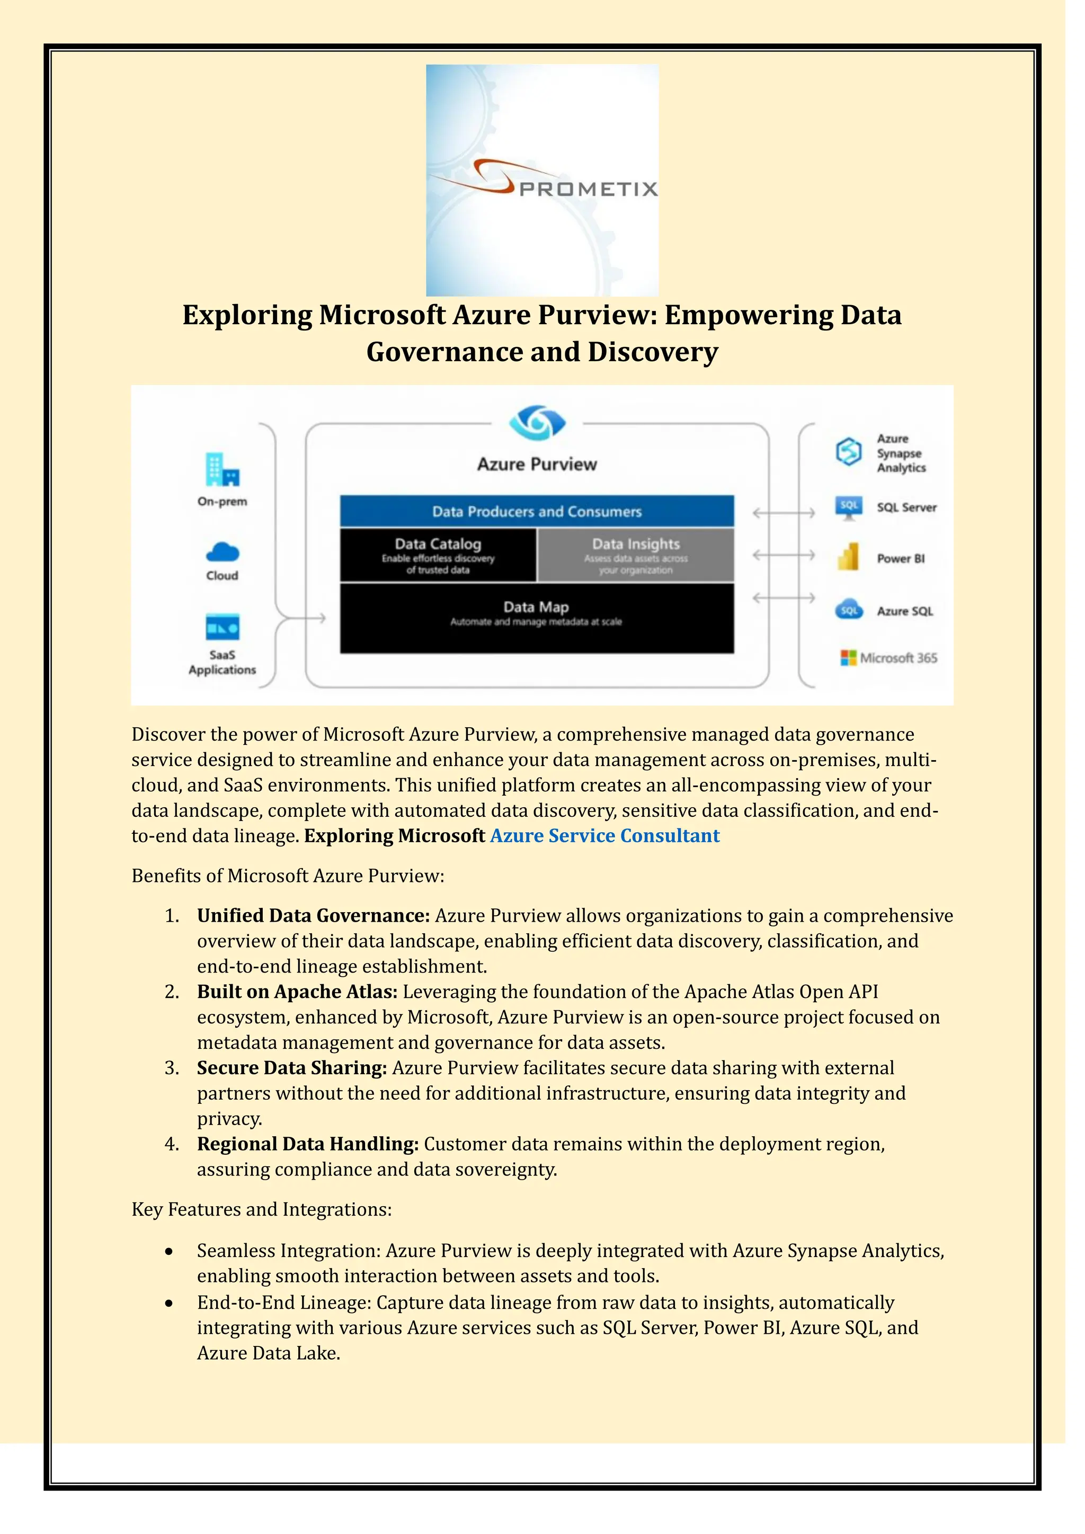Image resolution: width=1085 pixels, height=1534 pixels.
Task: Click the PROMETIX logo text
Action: point(588,189)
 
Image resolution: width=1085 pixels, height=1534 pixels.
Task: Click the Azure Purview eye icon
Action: point(537,422)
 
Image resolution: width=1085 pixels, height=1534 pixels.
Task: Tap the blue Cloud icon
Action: point(223,552)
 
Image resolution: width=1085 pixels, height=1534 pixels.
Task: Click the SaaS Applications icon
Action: point(223,627)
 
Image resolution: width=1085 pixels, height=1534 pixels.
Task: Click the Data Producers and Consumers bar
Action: point(537,511)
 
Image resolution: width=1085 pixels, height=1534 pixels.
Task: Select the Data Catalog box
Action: point(438,555)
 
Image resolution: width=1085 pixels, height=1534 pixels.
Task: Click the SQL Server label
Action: point(906,508)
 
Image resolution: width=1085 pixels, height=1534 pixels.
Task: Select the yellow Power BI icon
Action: point(849,557)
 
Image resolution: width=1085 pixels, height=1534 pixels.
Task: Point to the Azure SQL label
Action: point(905,611)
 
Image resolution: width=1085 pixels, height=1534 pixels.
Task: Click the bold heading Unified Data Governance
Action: point(313,915)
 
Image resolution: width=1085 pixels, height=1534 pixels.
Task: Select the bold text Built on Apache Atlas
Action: point(297,992)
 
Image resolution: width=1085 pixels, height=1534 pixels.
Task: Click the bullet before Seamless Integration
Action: point(170,1251)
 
